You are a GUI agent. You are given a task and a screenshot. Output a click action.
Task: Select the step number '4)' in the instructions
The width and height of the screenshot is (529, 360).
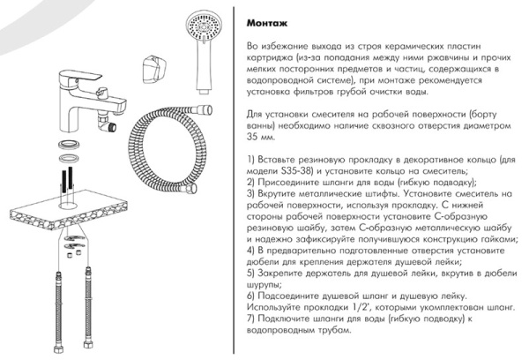pos(252,250)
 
